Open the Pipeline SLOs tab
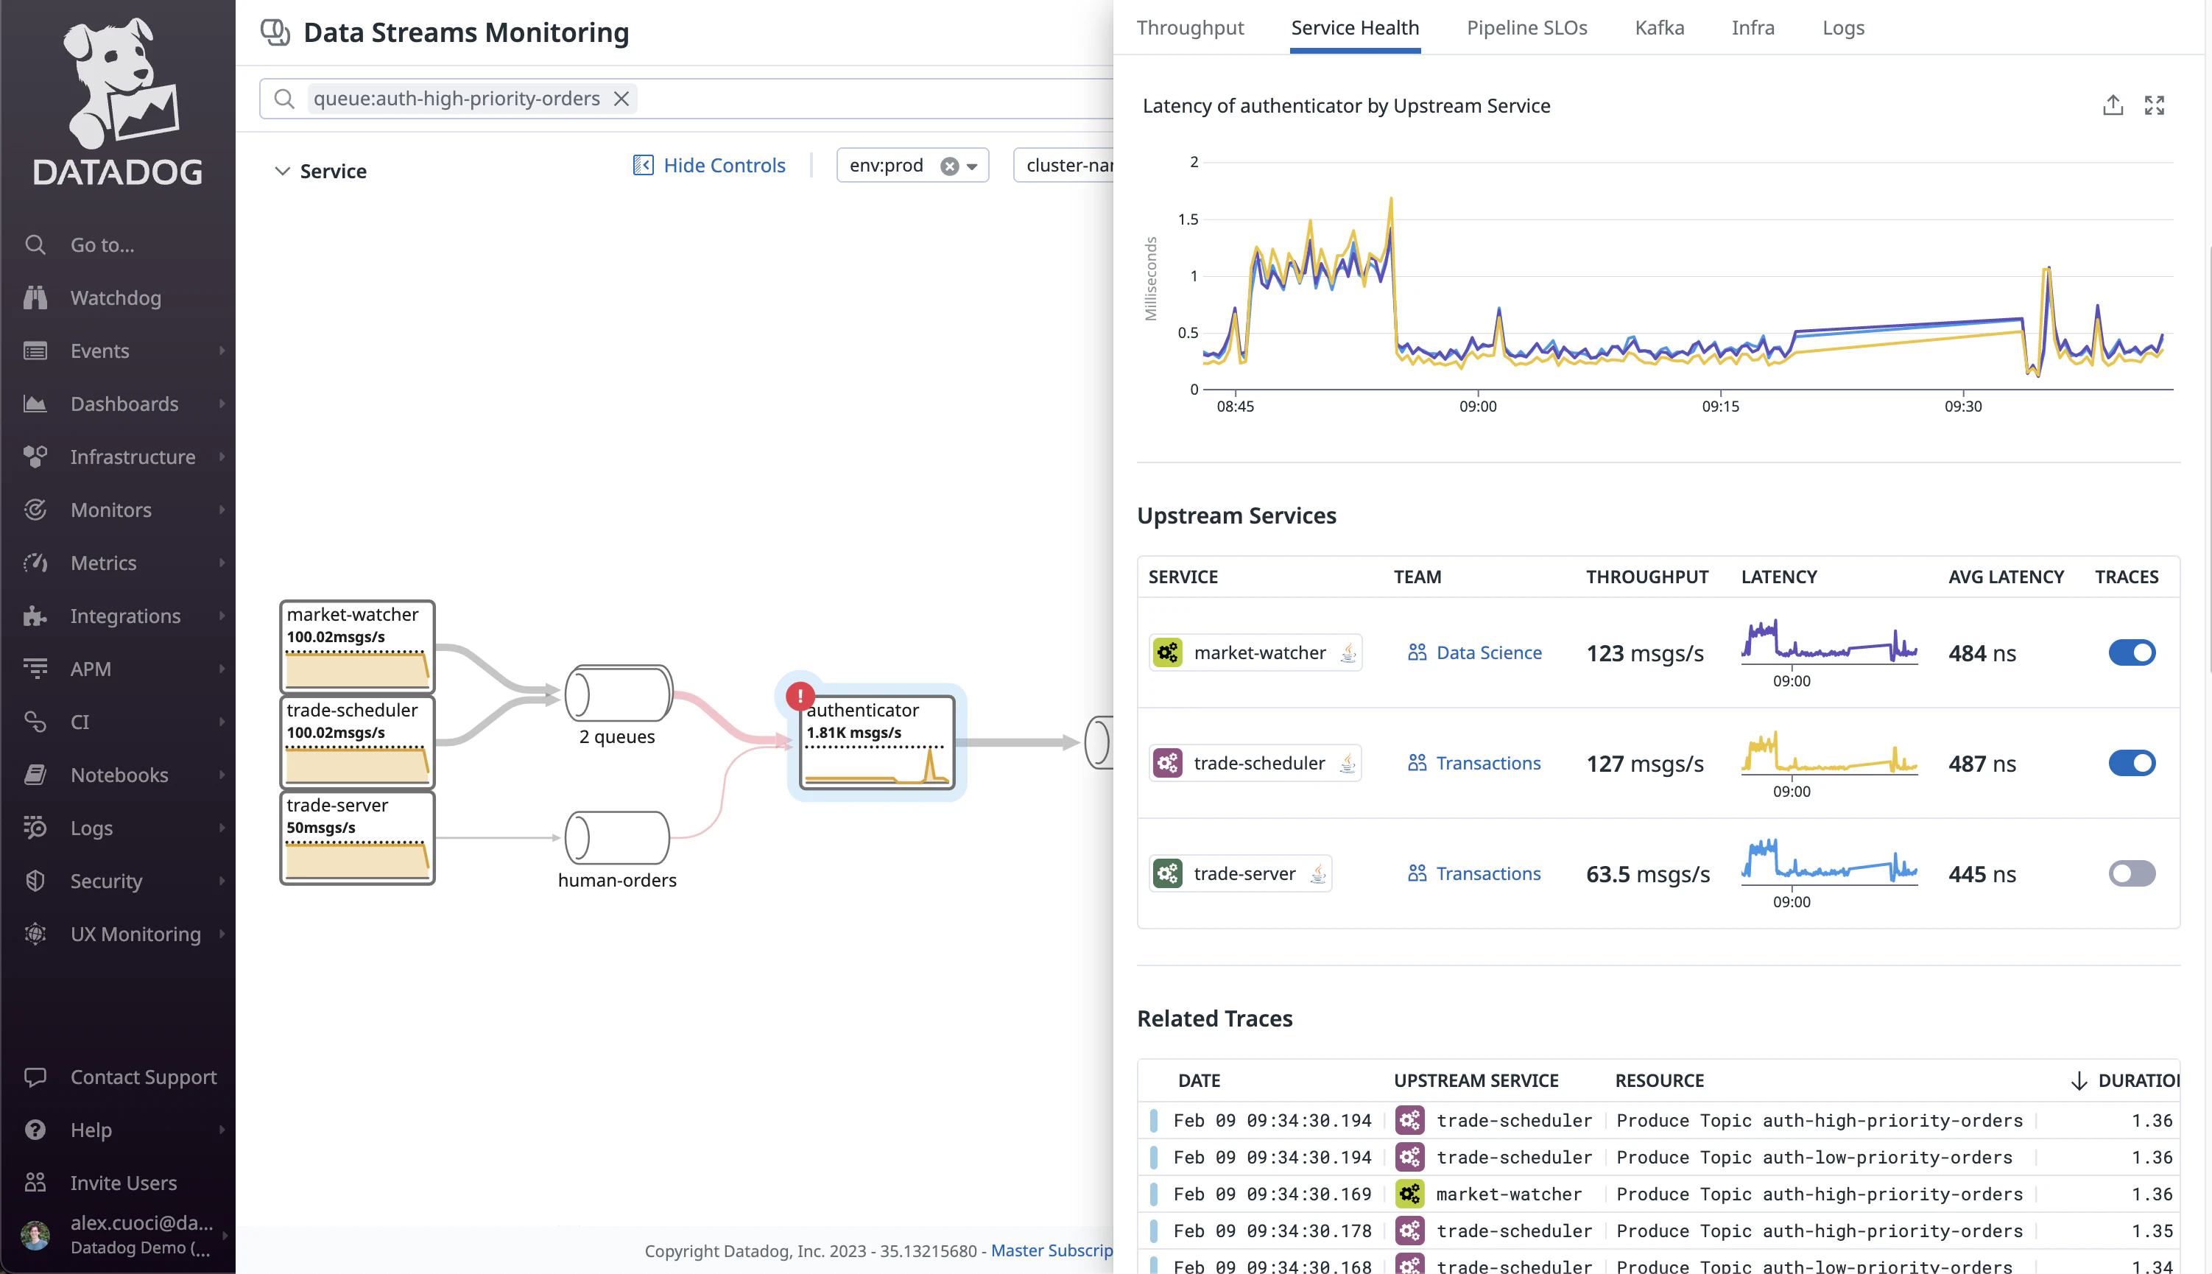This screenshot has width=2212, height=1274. pyautogui.click(x=1526, y=28)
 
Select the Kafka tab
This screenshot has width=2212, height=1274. pyautogui.click(x=1658, y=28)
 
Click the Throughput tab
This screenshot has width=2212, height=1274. pyautogui.click(x=1189, y=28)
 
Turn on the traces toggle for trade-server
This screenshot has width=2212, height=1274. pyautogui.click(x=2131, y=873)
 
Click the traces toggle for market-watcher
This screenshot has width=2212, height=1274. pyautogui.click(x=2131, y=652)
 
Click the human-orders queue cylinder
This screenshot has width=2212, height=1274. pyautogui.click(x=616, y=837)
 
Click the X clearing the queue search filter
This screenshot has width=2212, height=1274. pyautogui.click(x=621, y=99)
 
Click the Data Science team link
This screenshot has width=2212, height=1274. pyautogui.click(x=1487, y=652)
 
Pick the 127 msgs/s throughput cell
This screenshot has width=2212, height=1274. pyautogui.click(x=1644, y=764)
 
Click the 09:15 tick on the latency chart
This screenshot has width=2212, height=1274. pyautogui.click(x=1719, y=406)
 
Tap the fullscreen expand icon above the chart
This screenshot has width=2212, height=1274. pyautogui.click(x=2153, y=106)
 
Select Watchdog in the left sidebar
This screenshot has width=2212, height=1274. pyautogui.click(x=116, y=298)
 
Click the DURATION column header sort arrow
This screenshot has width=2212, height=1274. pyautogui.click(x=2078, y=1080)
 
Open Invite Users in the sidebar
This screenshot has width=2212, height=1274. pyautogui.click(x=123, y=1183)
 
